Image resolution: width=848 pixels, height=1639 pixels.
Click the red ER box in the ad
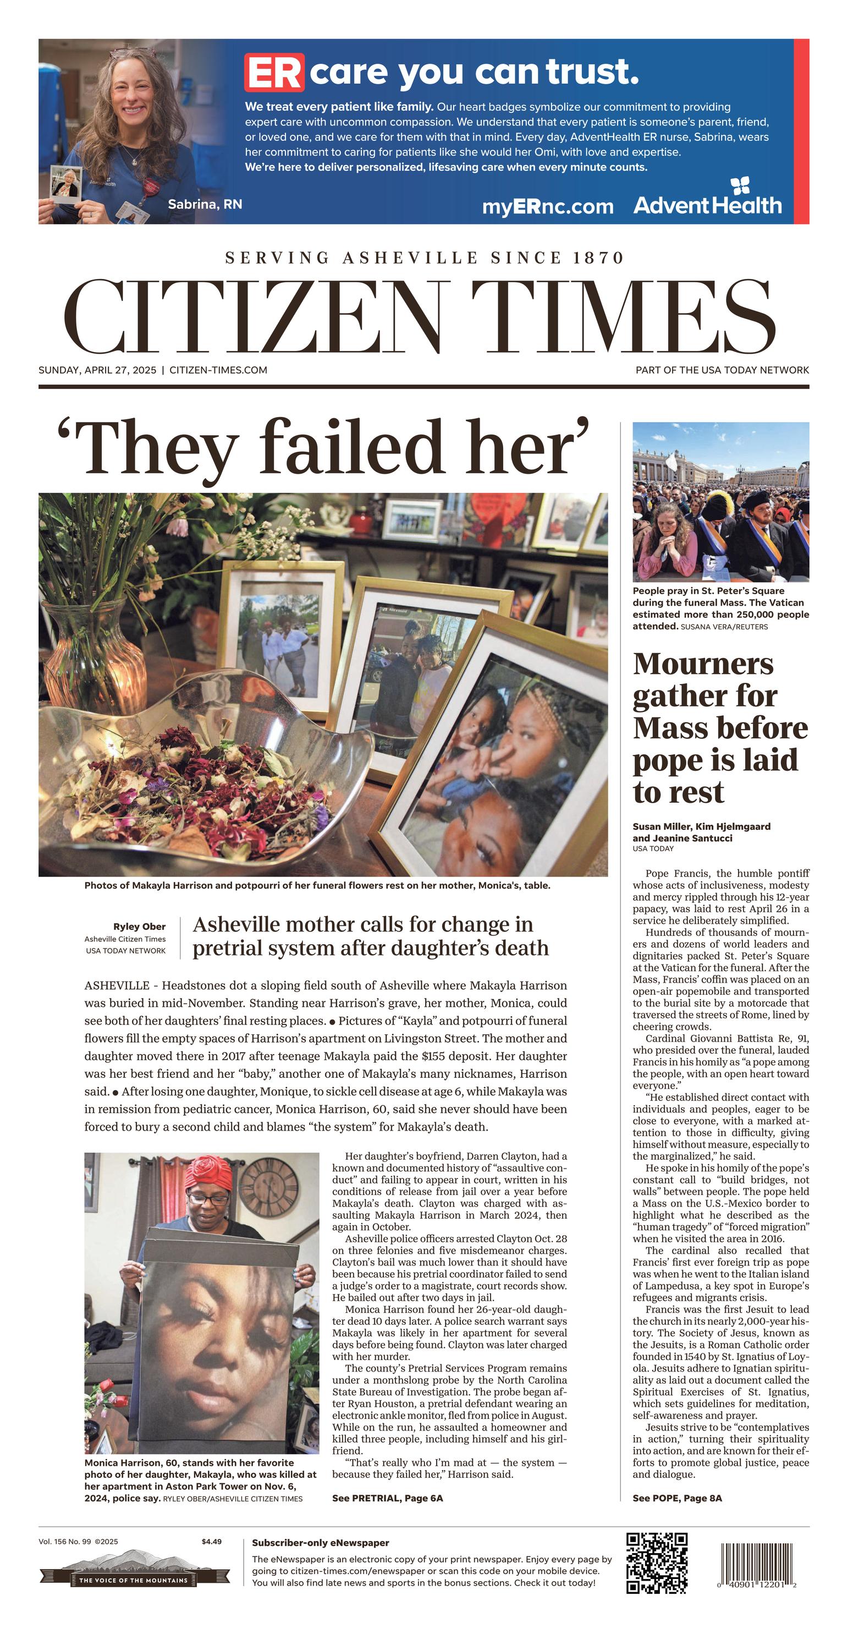click(274, 73)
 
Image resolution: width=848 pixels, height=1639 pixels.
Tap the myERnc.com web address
click(547, 206)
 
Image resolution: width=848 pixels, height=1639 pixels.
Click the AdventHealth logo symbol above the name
click(740, 186)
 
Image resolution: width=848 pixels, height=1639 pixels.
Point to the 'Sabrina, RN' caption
click(205, 204)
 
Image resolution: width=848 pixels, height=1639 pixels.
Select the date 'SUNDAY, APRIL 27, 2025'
click(97, 370)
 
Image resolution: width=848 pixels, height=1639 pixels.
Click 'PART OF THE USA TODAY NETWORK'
click(722, 370)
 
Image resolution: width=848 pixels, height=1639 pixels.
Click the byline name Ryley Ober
click(139, 927)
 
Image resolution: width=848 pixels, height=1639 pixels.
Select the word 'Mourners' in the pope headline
click(703, 664)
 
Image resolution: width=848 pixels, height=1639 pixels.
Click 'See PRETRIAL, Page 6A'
click(387, 1498)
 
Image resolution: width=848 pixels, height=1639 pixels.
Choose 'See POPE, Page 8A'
click(677, 1498)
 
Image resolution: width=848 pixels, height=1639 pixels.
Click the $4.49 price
click(211, 1542)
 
